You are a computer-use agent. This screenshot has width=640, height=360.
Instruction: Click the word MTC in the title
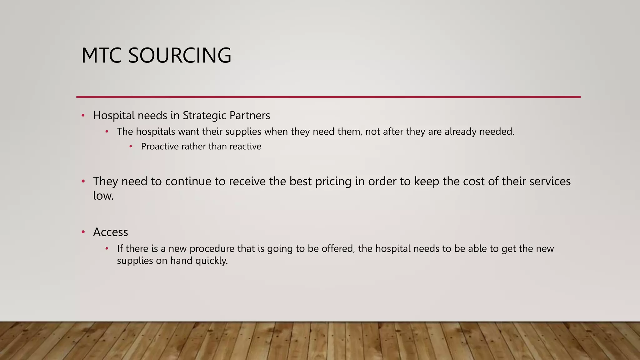pyautogui.click(x=101, y=56)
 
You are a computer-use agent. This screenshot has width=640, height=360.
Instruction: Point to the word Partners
pyautogui.click(x=250, y=116)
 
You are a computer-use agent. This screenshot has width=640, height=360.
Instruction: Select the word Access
pyautogui.click(x=111, y=232)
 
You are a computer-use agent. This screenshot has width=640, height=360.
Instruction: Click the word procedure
pyautogui.click(x=212, y=249)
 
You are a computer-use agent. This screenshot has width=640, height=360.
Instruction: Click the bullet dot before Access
pyautogui.click(x=83, y=232)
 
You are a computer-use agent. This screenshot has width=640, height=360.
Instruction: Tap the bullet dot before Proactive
pyautogui.click(x=131, y=146)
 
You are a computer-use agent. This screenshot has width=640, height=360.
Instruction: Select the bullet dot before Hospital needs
pyautogui.click(x=83, y=115)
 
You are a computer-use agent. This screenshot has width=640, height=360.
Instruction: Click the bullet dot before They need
pyautogui.click(x=83, y=181)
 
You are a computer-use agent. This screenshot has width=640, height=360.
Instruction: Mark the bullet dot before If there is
pyautogui.click(x=107, y=248)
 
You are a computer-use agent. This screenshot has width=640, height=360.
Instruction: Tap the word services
pyautogui.click(x=550, y=182)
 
